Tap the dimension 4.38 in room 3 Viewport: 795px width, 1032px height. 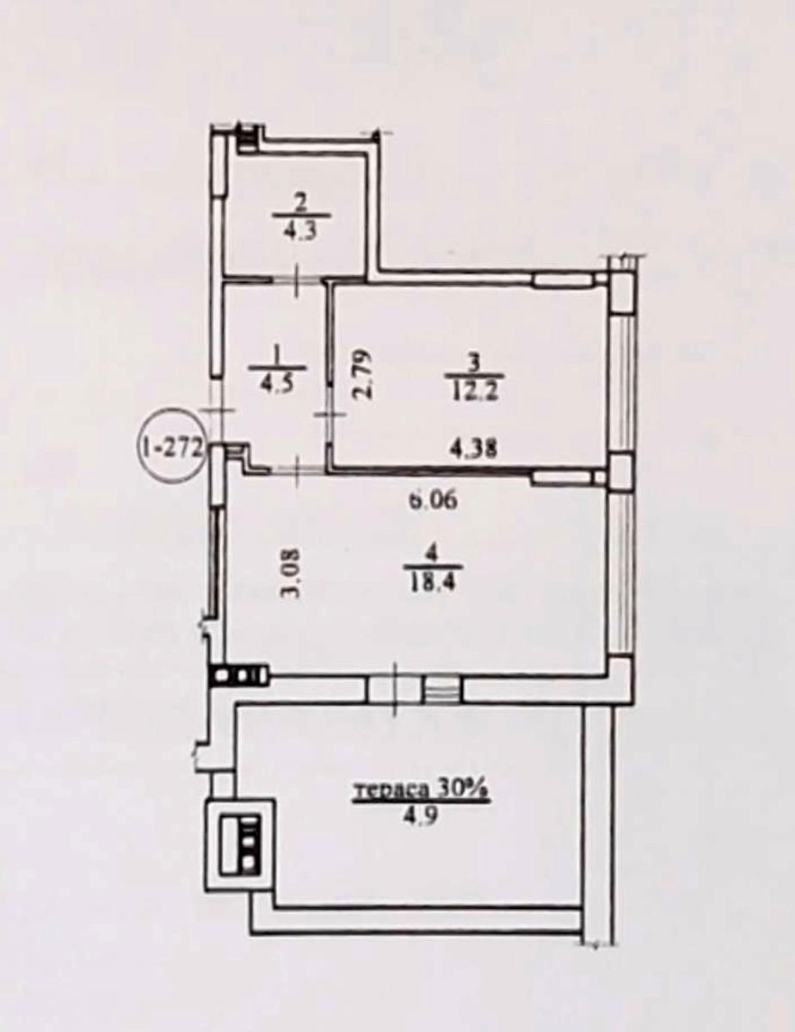click(473, 448)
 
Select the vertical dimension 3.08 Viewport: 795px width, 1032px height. click(291, 574)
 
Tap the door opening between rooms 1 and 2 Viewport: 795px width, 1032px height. click(298, 281)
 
